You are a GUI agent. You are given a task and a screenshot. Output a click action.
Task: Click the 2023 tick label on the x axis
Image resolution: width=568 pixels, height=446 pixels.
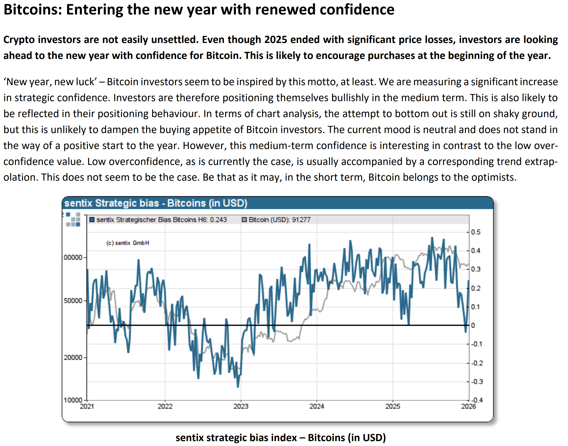[x=241, y=406]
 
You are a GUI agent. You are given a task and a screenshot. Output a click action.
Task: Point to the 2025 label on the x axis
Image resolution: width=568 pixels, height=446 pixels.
[x=392, y=406]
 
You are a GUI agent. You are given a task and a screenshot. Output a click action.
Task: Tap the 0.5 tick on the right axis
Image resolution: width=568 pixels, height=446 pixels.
[x=476, y=232]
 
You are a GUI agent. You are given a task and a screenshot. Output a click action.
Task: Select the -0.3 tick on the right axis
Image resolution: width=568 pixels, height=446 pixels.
[x=477, y=381]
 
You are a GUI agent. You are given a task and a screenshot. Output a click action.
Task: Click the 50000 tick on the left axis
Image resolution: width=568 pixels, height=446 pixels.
[x=73, y=301]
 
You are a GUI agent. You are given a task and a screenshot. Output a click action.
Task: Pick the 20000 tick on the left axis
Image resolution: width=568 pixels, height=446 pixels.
[x=73, y=357]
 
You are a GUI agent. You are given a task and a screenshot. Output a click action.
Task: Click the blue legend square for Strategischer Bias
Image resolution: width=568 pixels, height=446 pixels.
[x=92, y=220]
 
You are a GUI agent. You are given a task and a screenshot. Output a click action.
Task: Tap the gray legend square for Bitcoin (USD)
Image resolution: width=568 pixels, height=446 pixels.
[x=244, y=220]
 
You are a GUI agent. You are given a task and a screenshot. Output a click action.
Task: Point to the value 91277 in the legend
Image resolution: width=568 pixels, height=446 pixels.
[x=301, y=220]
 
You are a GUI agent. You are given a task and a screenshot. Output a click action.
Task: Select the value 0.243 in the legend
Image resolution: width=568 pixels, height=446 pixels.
[x=218, y=220]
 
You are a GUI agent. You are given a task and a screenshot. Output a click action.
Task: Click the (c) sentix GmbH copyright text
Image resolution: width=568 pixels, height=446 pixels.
[x=128, y=243]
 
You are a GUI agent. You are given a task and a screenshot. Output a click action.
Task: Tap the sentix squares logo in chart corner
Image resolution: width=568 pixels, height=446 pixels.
[x=73, y=220]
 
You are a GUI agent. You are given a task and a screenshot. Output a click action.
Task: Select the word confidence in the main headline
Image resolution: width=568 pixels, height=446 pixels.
[x=357, y=10]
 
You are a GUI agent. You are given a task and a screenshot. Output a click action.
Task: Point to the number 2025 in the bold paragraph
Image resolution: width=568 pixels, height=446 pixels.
[x=276, y=40]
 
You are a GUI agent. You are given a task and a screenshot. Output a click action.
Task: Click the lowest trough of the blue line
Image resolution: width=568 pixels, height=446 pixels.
[x=237, y=387]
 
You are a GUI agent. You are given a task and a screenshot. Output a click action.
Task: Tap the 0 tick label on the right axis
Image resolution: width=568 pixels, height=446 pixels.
[x=473, y=325]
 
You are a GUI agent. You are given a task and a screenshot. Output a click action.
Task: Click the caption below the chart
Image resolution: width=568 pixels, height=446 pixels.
[x=280, y=438]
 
